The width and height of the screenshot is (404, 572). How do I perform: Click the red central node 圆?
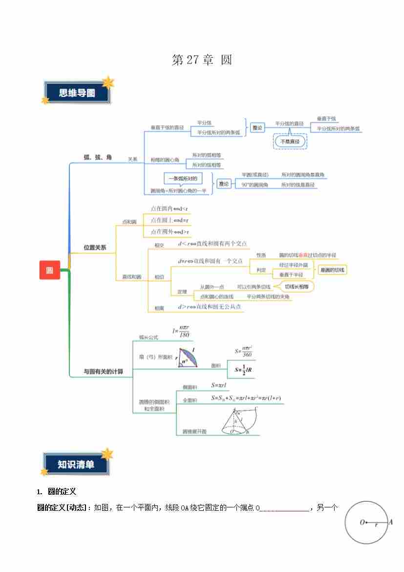pyautogui.click(x=50, y=270)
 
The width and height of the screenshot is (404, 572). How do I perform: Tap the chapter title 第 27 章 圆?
pyautogui.click(x=202, y=60)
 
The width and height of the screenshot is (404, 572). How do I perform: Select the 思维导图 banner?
pyautogui.click(x=77, y=93)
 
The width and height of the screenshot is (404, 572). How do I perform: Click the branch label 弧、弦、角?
pyautogui.click(x=98, y=157)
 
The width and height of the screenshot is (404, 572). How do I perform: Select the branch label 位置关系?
pyautogui.click(x=95, y=248)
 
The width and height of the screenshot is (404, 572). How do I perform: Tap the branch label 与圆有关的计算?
pyautogui.click(x=103, y=371)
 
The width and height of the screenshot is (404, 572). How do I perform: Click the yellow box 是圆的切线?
pyautogui.click(x=333, y=270)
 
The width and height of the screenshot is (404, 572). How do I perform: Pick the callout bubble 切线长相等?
pyautogui.click(x=297, y=287)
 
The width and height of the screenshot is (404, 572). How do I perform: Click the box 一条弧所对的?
pyautogui.click(x=182, y=179)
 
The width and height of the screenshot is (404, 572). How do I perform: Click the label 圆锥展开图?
pyautogui.click(x=194, y=432)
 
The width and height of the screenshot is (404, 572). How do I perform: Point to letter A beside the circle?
pyautogui.click(x=390, y=522)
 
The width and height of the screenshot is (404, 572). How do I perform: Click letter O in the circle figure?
pyautogui.click(x=362, y=523)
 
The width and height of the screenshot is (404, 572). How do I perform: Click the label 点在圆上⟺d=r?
pyautogui.click(x=170, y=220)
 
